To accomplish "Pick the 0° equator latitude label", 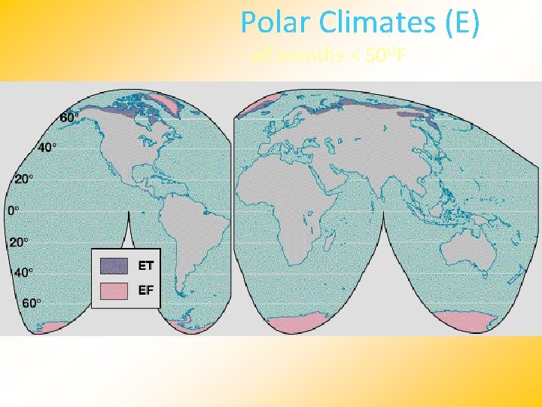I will pyautogui.click(x=14, y=210).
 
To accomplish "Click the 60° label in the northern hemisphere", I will pyautogui.click(x=69, y=118).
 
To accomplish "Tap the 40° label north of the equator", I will pyautogui.click(x=46, y=148).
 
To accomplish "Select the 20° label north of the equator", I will pyautogui.click(x=23, y=179).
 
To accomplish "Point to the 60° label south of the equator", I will pyautogui.click(x=31, y=303).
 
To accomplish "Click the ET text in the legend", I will pyautogui.click(x=146, y=265).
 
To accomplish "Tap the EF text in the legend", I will pyautogui.click(x=146, y=289).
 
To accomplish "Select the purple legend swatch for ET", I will pyautogui.click(x=114, y=265).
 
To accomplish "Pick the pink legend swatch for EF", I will pyautogui.click(x=114, y=290).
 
